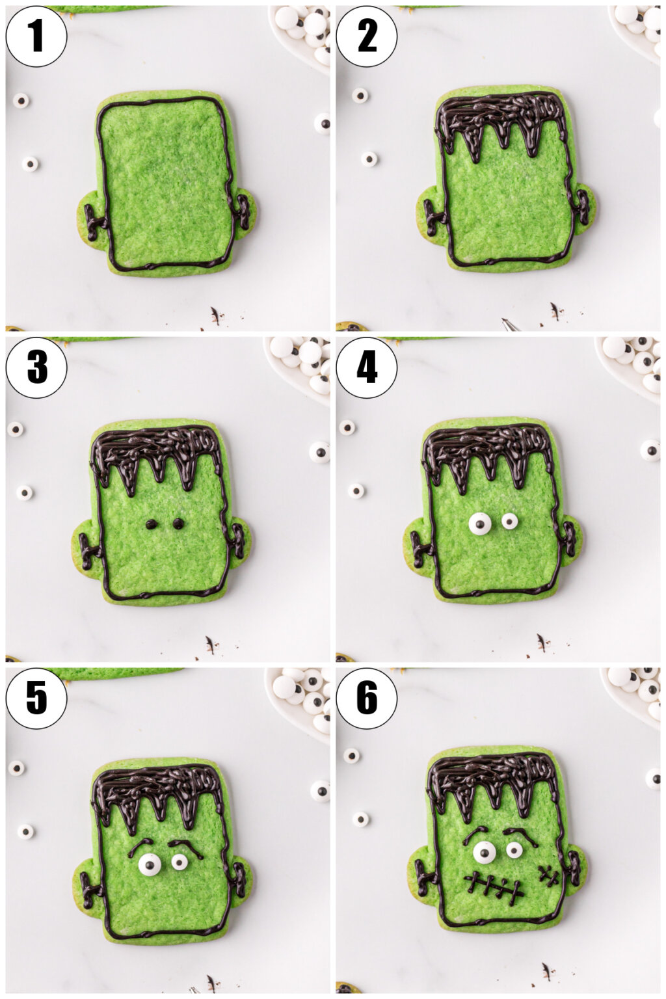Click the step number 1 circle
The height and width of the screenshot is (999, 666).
click(x=36, y=36)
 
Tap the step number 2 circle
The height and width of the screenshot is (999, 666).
click(x=367, y=36)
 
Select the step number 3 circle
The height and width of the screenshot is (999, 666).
click(x=36, y=367)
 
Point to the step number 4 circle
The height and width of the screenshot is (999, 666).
click(x=367, y=367)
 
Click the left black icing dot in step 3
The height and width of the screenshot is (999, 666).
click(x=151, y=524)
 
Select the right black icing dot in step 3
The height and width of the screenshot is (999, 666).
click(x=178, y=523)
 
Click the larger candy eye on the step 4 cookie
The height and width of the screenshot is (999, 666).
click(x=480, y=523)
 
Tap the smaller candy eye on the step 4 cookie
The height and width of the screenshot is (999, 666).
click(x=509, y=521)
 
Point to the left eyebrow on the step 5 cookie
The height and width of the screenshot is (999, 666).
click(x=140, y=845)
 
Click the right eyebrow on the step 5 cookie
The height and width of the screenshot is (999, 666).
click(x=185, y=846)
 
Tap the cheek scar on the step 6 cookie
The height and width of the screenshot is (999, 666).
click(x=549, y=875)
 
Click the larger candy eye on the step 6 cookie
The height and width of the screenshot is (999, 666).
click(x=484, y=852)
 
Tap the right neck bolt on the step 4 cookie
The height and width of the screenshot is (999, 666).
click(x=569, y=540)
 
